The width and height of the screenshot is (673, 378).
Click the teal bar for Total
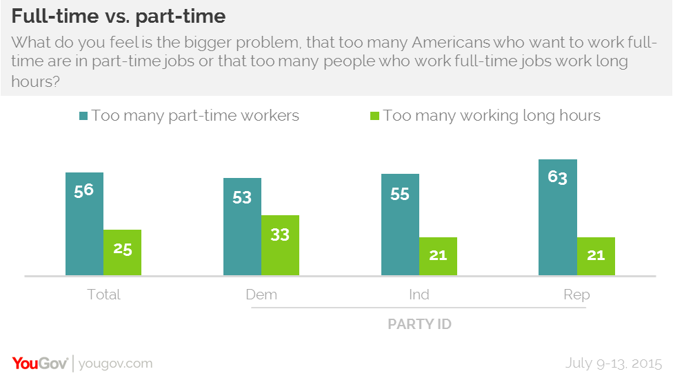pyautogui.click(x=84, y=224)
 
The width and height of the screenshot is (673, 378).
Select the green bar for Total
pyautogui.click(x=122, y=252)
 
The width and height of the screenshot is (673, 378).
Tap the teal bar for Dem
pyautogui.click(x=242, y=227)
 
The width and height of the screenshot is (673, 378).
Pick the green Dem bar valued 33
pyautogui.click(x=280, y=246)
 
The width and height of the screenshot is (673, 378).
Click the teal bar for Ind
pyautogui.click(x=400, y=225)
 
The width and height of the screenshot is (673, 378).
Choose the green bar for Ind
pyautogui.click(x=438, y=257)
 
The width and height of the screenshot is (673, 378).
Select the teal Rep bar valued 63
pyautogui.click(x=558, y=218)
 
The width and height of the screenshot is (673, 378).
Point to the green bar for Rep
pyautogui.click(x=596, y=257)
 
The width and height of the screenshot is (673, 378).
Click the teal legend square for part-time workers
pyautogui.click(x=83, y=116)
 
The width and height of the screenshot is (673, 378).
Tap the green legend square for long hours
pyautogui.click(x=375, y=116)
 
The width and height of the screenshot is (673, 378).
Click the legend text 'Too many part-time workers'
pyautogui.click(x=195, y=116)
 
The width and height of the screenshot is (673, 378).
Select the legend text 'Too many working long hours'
pyautogui.click(x=492, y=116)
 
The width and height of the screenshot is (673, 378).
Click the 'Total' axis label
pyautogui.click(x=103, y=295)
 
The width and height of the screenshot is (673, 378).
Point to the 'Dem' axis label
pyautogui.click(x=261, y=295)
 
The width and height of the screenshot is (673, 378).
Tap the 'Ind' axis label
pyautogui.click(x=419, y=295)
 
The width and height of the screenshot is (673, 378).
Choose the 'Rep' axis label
pyautogui.click(x=576, y=295)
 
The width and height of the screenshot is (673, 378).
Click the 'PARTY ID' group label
pyautogui.click(x=419, y=324)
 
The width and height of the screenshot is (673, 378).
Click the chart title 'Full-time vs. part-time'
pyautogui.click(x=118, y=14)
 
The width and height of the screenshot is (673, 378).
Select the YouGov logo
pyautogui.click(x=39, y=363)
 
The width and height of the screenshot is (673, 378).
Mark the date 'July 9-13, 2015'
pyautogui.click(x=613, y=363)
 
